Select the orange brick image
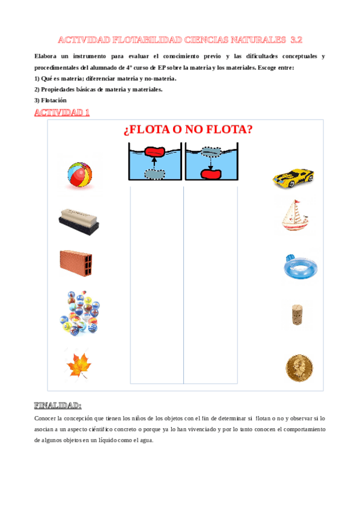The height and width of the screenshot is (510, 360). [76, 262]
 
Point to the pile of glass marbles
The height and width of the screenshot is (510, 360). [80, 313]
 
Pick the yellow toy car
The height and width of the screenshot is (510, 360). [293, 177]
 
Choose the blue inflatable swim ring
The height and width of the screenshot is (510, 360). [299, 265]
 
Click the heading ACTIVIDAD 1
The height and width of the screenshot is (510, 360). [63, 113]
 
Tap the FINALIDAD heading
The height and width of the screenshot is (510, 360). [58, 405]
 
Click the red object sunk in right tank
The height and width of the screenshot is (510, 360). [212, 173]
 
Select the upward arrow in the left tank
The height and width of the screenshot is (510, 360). [154, 162]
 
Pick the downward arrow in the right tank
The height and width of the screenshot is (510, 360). [212, 162]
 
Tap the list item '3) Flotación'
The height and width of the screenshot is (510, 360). [50, 100]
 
